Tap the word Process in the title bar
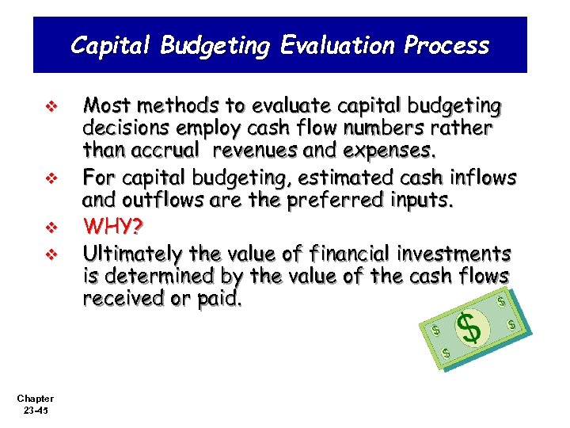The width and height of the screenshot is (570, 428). [446, 45]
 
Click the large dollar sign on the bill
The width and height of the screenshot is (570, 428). [471, 327]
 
